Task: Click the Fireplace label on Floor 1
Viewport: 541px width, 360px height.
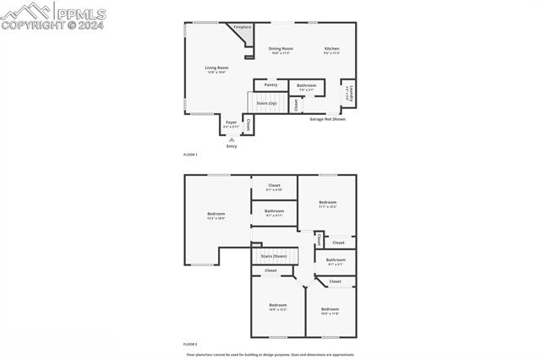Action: (243, 27)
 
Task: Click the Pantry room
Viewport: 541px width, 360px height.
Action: (270, 85)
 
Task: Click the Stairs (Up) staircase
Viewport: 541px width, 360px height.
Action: (266, 103)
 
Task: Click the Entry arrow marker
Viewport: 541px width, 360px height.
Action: (232, 139)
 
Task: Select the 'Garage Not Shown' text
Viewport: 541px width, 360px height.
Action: (327, 119)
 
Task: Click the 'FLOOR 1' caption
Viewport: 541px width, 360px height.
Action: (190, 155)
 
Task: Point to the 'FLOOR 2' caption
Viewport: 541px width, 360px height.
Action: (190, 344)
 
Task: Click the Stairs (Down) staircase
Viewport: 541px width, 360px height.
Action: (273, 255)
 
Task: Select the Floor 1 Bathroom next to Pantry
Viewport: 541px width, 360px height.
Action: (306, 86)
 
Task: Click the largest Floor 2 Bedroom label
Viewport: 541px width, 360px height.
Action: (216, 215)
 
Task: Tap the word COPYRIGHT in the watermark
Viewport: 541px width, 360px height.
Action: (32, 25)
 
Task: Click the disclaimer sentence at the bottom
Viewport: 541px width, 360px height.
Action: (270, 355)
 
